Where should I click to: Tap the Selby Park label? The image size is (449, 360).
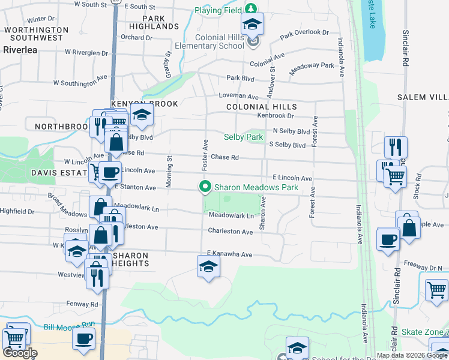(243, 137)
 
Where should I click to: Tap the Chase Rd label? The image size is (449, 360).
(225, 157)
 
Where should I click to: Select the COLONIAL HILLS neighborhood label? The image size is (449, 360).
(262, 107)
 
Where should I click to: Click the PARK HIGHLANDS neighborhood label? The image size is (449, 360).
(154, 23)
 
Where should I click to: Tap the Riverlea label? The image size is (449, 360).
(20, 50)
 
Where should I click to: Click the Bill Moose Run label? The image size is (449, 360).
(70, 326)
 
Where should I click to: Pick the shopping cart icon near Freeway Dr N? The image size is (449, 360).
(437, 290)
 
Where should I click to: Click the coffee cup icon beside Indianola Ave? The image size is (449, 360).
(388, 239)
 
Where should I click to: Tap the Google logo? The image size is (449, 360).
(20, 353)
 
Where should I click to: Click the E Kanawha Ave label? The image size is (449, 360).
(229, 254)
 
